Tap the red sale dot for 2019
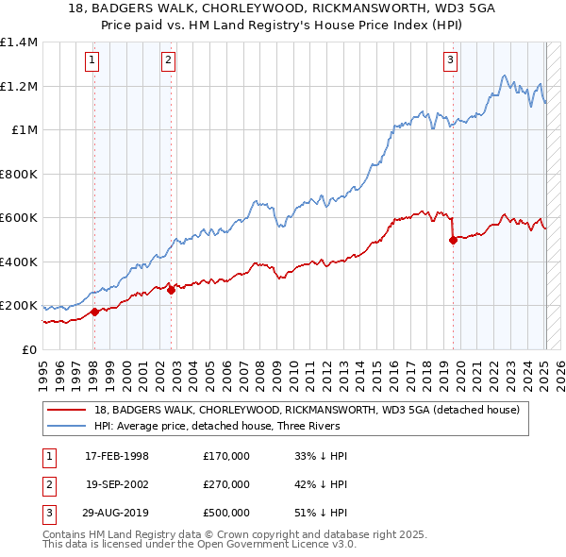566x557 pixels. tap(453, 240)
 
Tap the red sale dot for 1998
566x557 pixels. tap(94, 312)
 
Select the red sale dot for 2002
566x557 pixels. tap(171, 291)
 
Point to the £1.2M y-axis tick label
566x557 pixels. tap(19, 86)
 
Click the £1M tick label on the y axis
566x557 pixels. tap(25, 130)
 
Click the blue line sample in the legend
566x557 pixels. tap(68, 426)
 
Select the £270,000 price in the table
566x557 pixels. tap(225, 484)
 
